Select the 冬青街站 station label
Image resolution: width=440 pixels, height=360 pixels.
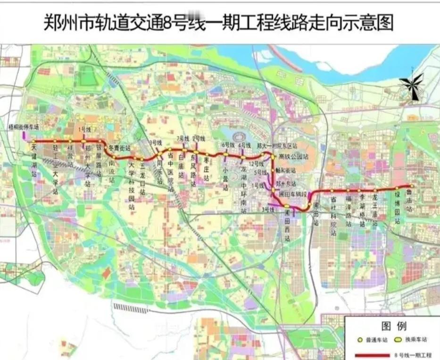(119, 148)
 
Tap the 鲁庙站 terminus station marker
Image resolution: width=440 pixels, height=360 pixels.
(410, 186)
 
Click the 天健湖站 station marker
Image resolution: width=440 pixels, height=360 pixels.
(33, 141)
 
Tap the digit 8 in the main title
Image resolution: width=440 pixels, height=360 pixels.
(168, 22)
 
